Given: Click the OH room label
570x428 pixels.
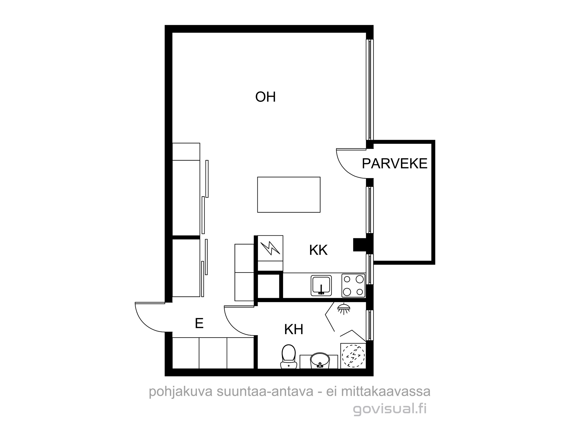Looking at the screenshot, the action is [265, 97].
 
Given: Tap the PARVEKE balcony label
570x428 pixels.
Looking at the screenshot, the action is [395, 164].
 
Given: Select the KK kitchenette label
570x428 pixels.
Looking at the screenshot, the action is [318, 250].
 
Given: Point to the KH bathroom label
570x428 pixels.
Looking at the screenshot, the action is [294, 330].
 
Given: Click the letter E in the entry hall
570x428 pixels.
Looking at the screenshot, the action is [199, 324].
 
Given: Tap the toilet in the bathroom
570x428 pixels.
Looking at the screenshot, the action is [288, 356].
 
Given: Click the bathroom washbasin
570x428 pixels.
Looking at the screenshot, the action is [319, 361].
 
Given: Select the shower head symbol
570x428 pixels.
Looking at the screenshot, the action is [344, 308].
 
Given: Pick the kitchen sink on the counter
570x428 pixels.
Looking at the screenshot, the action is [321, 285].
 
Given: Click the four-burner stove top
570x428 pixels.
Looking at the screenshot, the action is [353, 285].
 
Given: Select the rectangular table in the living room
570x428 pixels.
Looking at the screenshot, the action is [289, 195].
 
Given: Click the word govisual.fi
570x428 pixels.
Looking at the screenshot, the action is [390, 409].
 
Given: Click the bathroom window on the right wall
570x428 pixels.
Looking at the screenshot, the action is [370, 325].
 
